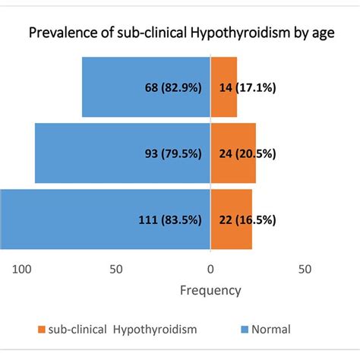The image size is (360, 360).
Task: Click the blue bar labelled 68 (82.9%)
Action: tap(114, 87)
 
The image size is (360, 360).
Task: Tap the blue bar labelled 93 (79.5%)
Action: tap(91, 153)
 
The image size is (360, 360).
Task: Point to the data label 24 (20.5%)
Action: tap(245, 153)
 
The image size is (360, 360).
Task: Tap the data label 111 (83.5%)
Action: tap(169, 219)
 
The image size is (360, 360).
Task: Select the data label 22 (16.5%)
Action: tap(245, 219)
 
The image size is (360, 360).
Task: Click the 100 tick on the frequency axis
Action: tap(22, 269)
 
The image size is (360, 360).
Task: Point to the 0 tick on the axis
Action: tap(210, 269)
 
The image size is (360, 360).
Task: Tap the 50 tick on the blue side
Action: tap(116, 269)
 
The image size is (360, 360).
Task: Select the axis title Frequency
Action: tap(210, 290)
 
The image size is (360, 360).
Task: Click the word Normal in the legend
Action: tap(272, 330)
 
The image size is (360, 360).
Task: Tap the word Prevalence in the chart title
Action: tap(61, 33)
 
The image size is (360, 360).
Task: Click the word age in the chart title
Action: tap(323, 33)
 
